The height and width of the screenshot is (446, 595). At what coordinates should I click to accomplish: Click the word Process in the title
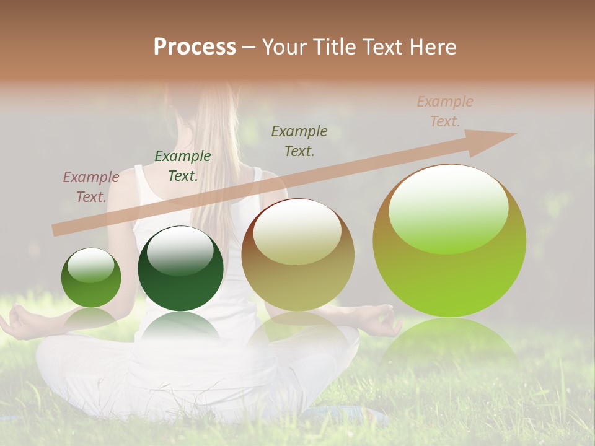(195, 47)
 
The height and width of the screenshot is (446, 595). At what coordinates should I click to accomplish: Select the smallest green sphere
(91, 278)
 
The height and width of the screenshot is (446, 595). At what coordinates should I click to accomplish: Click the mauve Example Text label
(91, 187)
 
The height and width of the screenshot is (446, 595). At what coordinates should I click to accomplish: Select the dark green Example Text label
(183, 166)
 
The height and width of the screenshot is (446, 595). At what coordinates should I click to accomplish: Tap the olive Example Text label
(299, 141)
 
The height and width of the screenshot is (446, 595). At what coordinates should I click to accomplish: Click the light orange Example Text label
(444, 111)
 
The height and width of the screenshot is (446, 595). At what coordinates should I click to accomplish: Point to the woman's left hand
(19, 322)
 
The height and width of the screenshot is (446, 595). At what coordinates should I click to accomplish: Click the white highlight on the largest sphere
(448, 208)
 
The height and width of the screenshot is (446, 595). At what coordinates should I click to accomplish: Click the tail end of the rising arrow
(57, 230)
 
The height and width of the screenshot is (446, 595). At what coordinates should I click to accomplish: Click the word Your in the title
(284, 47)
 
